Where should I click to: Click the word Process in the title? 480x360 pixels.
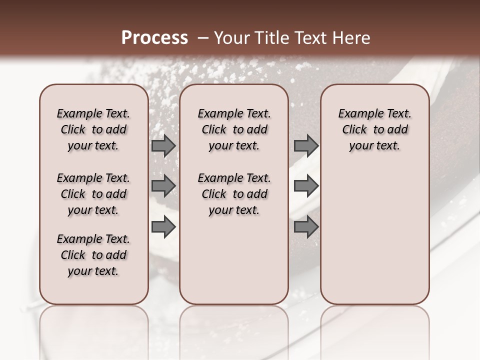tap(154, 38)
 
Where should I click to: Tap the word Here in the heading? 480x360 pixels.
tap(352, 38)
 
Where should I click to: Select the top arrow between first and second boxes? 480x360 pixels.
tap(163, 145)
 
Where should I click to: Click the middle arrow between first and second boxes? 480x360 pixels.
tap(163, 186)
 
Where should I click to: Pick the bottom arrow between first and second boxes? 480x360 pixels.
tap(163, 226)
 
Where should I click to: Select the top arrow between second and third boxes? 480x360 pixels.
tap(306, 145)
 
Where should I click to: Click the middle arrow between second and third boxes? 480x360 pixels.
tap(306, 186)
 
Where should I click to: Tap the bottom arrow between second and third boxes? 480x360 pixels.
tap(306, 226)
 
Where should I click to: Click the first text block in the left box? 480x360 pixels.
tap(93, 129)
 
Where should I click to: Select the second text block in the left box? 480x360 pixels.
tap(93, 194)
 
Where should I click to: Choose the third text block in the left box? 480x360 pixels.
tap(93, 255)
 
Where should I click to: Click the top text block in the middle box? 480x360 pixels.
tap(234, 129)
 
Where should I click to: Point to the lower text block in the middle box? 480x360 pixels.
tap(234, 194)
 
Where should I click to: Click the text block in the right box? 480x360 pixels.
tap(374, 129)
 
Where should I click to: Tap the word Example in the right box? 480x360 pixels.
tap(359, 114)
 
